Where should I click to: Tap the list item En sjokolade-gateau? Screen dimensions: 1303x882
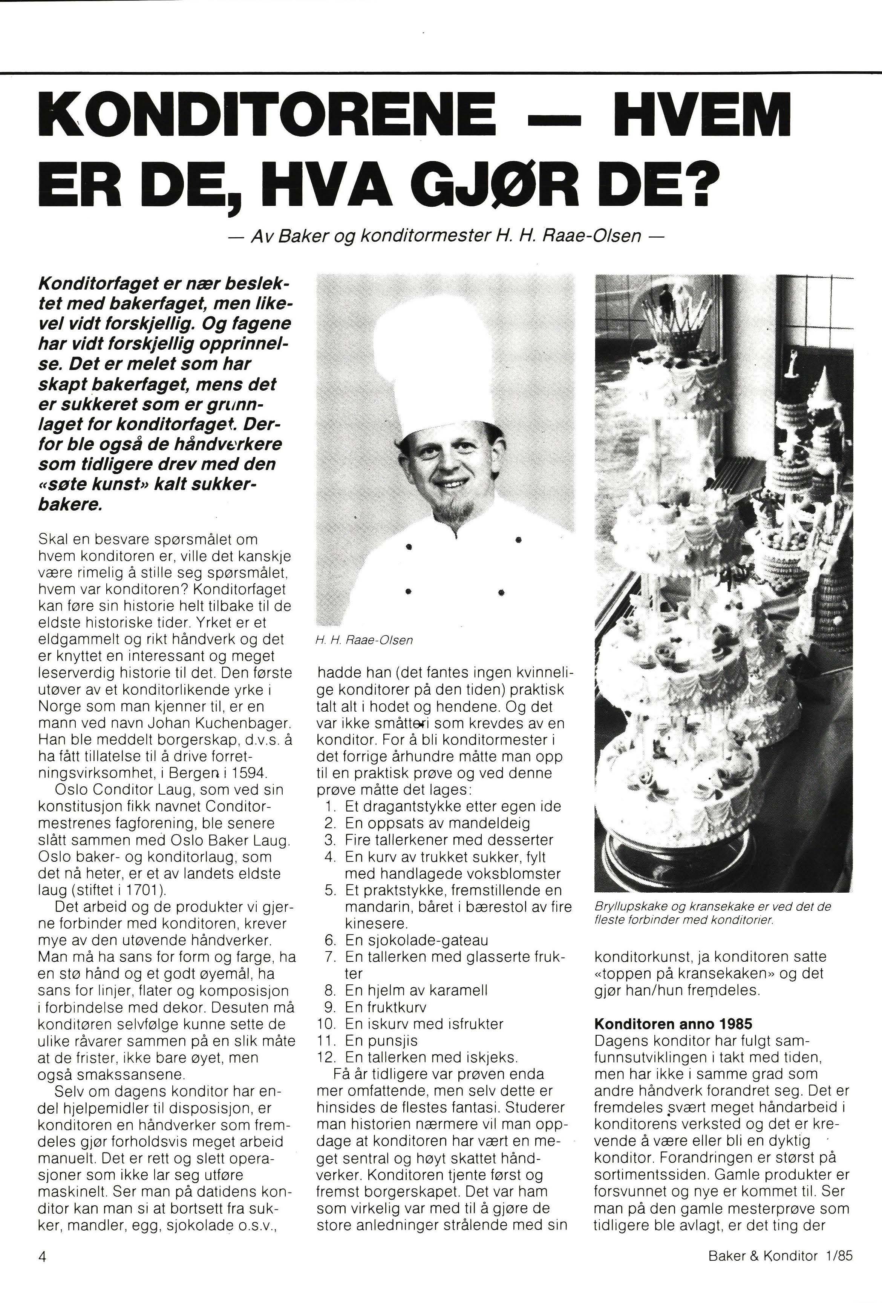(x=416, y=940)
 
